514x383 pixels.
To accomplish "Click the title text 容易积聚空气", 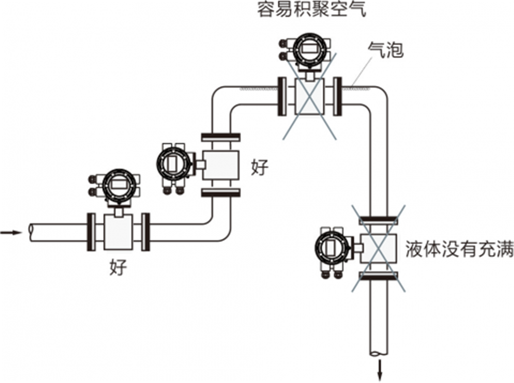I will [312, 10].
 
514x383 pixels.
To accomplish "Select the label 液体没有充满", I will [459, 249].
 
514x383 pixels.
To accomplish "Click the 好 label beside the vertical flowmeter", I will [260, 168].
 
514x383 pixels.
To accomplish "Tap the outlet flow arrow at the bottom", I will [381, 369].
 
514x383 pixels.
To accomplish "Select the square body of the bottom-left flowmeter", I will [119, 231].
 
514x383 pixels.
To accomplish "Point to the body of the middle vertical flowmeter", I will [221, 165].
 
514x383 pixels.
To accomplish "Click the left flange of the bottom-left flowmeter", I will [91, 231].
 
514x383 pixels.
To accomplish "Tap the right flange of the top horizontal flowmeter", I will [338, 96].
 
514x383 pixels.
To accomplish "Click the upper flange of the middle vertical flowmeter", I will [221, 137].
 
